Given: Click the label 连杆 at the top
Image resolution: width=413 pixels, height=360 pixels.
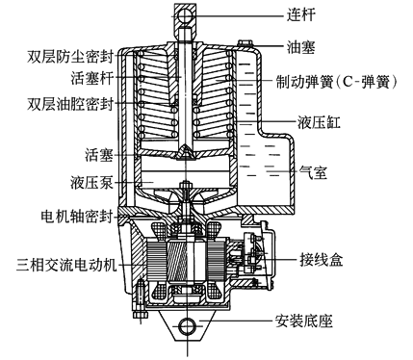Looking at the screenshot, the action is pyautogui.click(x=300, y=14).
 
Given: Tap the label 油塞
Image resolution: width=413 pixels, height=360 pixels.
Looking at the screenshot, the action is pyautogui.click(x=300, y=47).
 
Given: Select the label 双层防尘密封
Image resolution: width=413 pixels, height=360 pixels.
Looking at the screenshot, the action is pyautogui.click(x=70, y=57).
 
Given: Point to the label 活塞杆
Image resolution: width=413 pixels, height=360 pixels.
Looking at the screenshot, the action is pyautogui.click(x=91, y=78).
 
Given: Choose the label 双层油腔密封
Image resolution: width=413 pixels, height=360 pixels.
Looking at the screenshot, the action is pyautogui.click(x=70, y=104).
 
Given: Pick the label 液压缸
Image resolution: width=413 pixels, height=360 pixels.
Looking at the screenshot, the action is pyautogui.click(x=319, y=122).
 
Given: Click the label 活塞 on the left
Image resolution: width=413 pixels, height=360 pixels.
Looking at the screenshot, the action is pyautogui.click(x=99, y=155).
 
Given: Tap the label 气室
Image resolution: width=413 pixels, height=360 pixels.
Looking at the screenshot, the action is pyautogui.click(x=313, y=172).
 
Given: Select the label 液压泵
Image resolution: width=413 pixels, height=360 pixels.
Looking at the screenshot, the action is pyautogui.click(x=91, y=183).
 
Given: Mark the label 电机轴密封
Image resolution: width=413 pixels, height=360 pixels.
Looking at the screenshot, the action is pyautogui.click(x=77, y=217).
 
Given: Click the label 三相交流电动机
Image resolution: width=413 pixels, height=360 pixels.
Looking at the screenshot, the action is pyautogui.click(x=66, y=265).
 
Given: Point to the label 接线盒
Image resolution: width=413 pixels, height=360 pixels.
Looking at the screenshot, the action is pyautogui.click(x=322, y=259).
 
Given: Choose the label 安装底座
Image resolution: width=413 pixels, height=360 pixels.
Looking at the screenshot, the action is pyautogui.click(x=303, y=321).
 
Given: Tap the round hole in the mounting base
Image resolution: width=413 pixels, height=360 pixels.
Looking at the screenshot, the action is pyautogui.click(x=187, y=326).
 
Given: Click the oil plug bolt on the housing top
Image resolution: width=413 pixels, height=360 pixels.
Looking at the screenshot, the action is pyautogui.click(x=245, y=42).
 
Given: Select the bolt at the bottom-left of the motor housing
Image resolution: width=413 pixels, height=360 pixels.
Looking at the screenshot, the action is pyautogui.click(x=139, y=299).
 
